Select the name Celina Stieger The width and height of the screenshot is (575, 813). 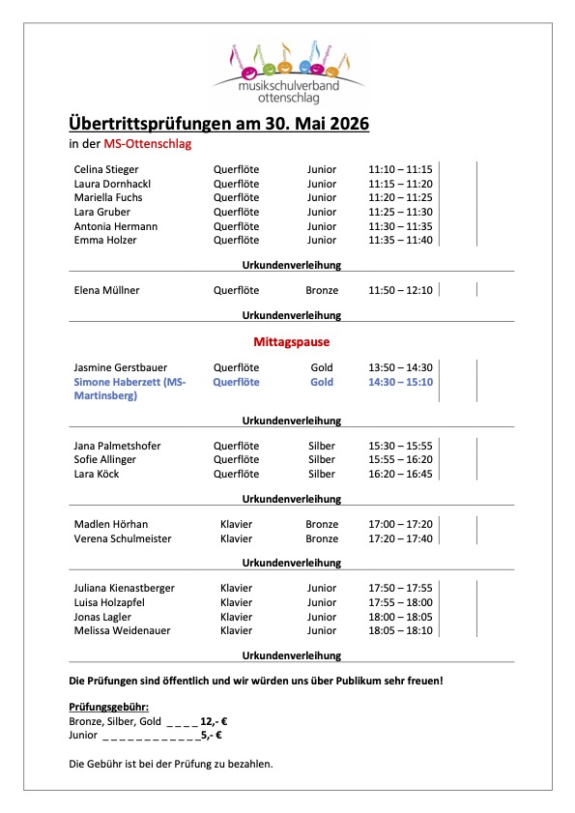tap(106, 169)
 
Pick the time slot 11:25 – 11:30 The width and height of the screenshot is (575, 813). tap(400, 212)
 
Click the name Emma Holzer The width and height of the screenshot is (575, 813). tap(105, 240)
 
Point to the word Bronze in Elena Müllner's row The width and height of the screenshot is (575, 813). tap(322, 290)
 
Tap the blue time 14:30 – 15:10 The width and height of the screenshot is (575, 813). tap(400, 382)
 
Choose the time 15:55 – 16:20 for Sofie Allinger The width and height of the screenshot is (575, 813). tap(400, 460)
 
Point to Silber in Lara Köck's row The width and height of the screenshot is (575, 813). tap(322, 475)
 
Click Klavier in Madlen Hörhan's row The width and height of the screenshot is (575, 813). tap(236, 524)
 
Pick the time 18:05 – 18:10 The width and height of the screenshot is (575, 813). tap(400, 630)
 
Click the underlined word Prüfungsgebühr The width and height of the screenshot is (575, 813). tap(109, 708)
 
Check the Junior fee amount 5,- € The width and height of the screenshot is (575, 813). tap(212, 735)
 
